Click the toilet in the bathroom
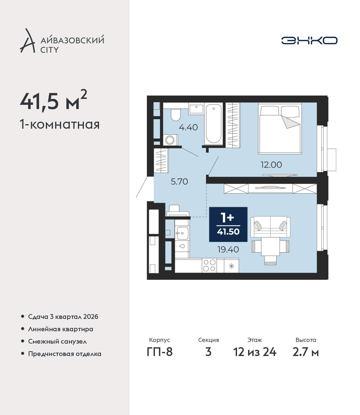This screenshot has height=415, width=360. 176,115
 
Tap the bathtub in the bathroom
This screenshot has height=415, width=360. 213,123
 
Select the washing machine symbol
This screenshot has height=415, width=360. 170,140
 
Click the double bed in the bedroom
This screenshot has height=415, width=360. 280,128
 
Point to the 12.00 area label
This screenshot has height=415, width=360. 271,165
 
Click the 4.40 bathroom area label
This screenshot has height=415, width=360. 188,127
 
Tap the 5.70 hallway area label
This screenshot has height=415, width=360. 179,182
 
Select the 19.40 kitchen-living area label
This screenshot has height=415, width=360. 228,250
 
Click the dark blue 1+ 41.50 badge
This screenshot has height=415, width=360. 228,224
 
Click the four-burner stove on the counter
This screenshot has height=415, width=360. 209,266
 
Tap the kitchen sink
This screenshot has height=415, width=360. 182,233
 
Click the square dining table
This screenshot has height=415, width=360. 270,246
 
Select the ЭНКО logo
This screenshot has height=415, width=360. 309,40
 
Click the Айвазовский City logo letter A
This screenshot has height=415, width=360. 28,41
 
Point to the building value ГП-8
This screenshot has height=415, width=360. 159,352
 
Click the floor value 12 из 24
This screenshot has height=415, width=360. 255,352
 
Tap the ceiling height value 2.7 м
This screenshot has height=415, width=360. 305,352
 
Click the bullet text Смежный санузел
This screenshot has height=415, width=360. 57,341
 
